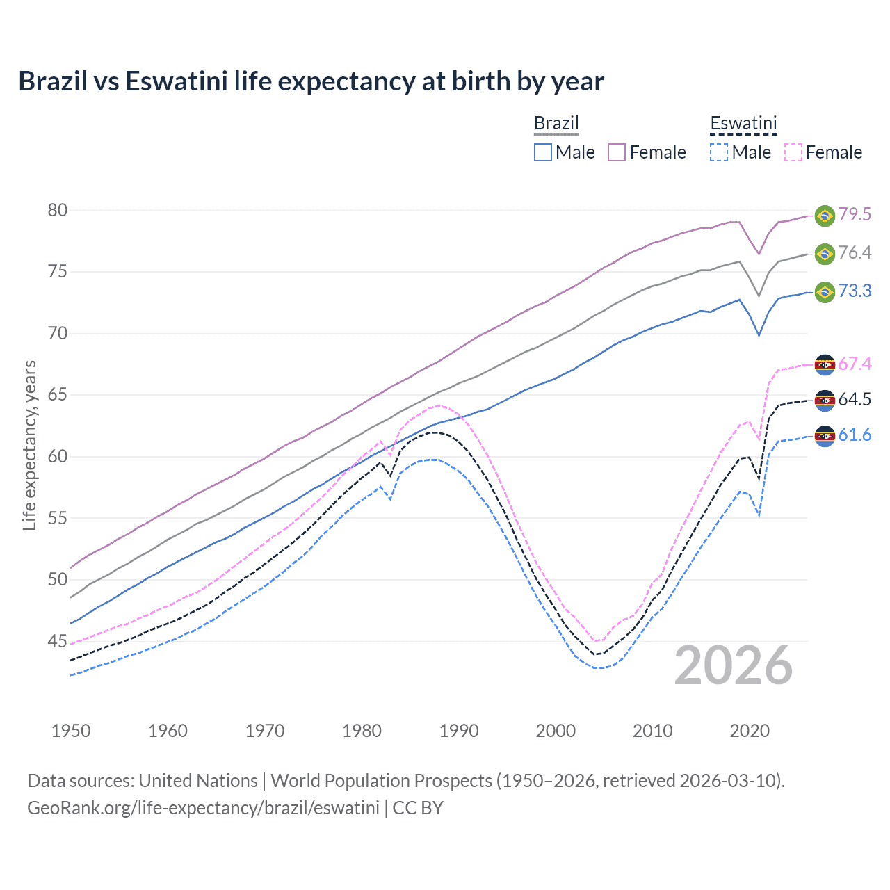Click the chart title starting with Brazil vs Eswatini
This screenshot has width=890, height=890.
tap(311, 81)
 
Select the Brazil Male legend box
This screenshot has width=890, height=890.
tap(543, 152)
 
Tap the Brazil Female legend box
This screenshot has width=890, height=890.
tap(617, 152)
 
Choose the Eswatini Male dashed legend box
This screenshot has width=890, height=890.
tap(719, 152)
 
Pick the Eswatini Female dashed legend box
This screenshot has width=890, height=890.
tap(793, 152)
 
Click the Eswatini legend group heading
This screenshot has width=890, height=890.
tap(743, 124)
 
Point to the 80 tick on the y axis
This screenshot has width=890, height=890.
tap(58, 210)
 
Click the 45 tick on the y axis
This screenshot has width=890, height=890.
tap(58, 641)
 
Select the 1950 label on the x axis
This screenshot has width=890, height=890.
tap(71, 731)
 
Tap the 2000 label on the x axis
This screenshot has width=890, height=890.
tap(556, 731)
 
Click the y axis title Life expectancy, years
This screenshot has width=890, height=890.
tap(29, 445)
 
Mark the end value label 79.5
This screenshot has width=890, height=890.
tap(855, 214)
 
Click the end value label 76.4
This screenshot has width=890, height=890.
tap(855, 252)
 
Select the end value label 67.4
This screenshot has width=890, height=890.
tap(855, 364)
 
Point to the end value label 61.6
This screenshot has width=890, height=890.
tap(855, 435)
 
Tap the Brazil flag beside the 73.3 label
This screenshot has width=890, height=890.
tap(825, 291)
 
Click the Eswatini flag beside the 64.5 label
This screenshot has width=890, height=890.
tap(825, 400)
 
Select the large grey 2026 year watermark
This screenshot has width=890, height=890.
tap(734, 665)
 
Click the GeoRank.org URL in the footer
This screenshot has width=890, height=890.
tap(203, 808)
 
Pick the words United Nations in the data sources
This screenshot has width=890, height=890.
tap(198, 781)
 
